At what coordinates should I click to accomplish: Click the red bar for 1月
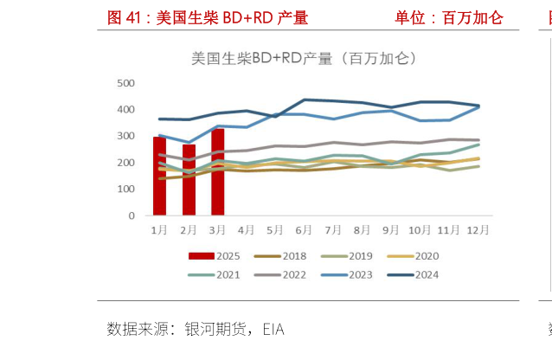[159, 176]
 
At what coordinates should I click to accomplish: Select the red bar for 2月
[189, 180]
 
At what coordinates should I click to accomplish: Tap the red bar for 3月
[217, 171]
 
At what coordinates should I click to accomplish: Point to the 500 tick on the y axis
[126, 83]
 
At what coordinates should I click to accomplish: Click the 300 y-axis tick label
[126, 137]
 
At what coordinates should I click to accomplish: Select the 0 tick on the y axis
[132, 215]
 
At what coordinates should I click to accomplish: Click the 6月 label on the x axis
[304, 230]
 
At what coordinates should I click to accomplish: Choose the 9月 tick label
[390, 230]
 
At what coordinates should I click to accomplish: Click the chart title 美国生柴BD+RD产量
[303, 59]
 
